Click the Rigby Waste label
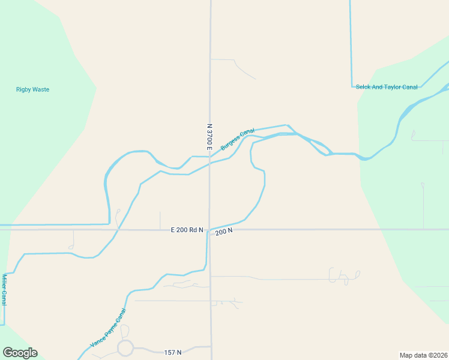click(32, 89)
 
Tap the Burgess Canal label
click(238, 139)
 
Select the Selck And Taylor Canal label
click(386, 87)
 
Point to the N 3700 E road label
click(209, 137)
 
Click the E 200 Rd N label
click(187, 230)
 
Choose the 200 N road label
click(223, 231)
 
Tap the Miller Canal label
click(4, 290)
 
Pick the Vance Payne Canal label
click(109, 328)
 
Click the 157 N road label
click(173, 352)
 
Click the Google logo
click(20, 353)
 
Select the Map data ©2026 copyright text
click(423, 355)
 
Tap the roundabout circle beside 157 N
click(125, 347)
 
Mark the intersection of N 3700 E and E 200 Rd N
click(209, 229)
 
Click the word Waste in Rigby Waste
click(41, 89)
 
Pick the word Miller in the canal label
click(4, 283)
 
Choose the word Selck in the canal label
click(363, 87)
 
